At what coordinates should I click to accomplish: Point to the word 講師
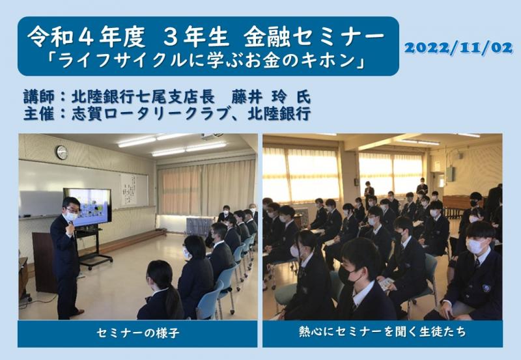click(x=35, y=97)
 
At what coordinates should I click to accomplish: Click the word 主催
click(x=35, y=113)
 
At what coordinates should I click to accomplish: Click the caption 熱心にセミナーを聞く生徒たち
click(x=382, y=333)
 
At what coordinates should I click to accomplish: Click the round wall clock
click(x=61, y=152)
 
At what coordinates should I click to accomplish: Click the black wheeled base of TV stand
click(x=98, y=262)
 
